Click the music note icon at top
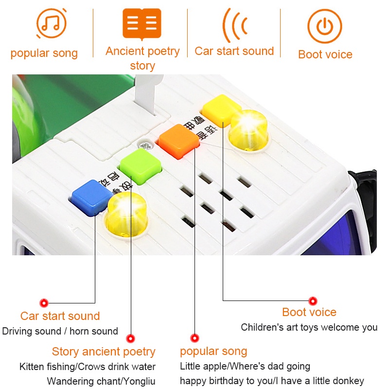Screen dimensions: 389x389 click(51, 23)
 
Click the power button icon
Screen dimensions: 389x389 click(324, 26)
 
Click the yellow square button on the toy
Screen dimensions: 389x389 click(221, 108)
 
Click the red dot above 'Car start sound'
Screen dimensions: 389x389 click(44, 303)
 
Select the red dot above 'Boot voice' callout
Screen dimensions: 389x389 click(313, 301)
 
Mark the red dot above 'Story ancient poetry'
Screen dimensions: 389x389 click(130, 338)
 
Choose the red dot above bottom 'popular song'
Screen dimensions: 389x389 click(194, 338)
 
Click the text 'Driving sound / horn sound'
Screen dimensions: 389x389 click(60, 332)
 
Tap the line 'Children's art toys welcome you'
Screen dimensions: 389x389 click(309, 328)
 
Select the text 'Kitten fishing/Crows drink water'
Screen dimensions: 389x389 click(88, 367)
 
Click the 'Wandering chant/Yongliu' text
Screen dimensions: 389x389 click(101, 381)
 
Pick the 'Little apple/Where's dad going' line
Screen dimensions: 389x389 click(245, 366)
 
